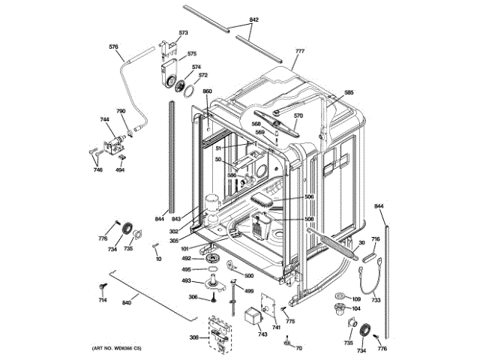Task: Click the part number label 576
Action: tap(113, 47)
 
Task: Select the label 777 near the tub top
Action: tap(300, 51)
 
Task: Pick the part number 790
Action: tap(120, 112)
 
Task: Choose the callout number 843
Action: tap(176, 218)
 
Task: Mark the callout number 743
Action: tap(262, 334)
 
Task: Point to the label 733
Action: tap(376, 300)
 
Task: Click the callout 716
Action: tap(376, 239)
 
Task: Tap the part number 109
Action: tap(356, 299)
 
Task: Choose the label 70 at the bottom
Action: tap(298, 349)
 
